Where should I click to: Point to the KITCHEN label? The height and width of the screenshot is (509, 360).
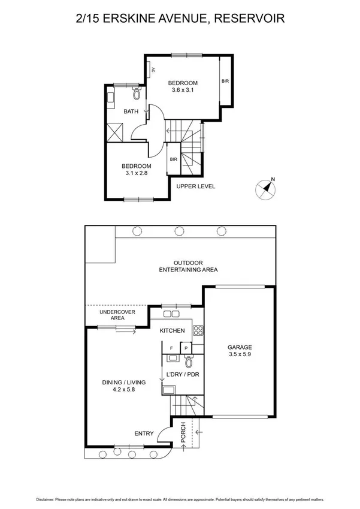coord(171,331)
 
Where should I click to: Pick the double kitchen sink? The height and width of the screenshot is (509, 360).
coord(171,313)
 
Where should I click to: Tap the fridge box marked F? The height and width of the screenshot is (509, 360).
coord(171,347)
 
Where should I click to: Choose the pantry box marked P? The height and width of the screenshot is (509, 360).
coord(186,347)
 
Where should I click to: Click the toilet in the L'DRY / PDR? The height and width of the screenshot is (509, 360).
coord(189,362)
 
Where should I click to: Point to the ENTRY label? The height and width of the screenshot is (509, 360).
coord(144,433)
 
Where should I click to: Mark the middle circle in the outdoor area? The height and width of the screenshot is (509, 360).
coord(178,231)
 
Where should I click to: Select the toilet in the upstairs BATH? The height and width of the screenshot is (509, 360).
coord(136,94)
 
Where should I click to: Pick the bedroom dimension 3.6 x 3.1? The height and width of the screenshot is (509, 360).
coord(182,91)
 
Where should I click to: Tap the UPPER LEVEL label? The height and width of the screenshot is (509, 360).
coord(195,186)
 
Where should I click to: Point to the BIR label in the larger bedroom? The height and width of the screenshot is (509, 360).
coord(225,80)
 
